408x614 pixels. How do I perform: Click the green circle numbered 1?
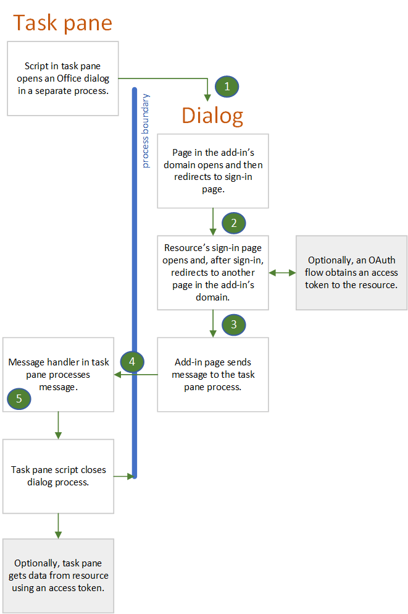click(227, 87)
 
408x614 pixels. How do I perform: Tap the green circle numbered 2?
click(233, 223)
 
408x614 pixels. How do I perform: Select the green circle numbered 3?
click(233, 324)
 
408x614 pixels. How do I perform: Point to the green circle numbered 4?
click(132, 361)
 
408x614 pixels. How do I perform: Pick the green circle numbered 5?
click(19, 399)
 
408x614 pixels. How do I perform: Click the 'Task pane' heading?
click(62, 23)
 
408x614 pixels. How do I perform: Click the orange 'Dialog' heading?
click(212, 116)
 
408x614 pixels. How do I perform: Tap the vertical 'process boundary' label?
click(146, 131)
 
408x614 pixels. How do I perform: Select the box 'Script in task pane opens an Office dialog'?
click(62, 79)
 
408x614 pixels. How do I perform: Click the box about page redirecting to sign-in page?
click(212, 171)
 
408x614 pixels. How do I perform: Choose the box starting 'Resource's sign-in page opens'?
click(212, 272)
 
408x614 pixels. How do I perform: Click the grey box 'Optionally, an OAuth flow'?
click(352, 273)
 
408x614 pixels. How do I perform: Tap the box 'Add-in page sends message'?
click(212, 374)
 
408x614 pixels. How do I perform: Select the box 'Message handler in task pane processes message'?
click(58, 374)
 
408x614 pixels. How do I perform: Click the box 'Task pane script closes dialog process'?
click(58, 475)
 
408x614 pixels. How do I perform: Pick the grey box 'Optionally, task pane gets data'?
click(58, 576)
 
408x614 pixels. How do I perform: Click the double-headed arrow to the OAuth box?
click(282, 272)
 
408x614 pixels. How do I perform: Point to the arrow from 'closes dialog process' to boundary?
click(123, 475)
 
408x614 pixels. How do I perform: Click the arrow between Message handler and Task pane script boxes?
click(58, 425)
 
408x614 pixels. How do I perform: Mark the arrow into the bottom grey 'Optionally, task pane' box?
click(58, 526)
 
